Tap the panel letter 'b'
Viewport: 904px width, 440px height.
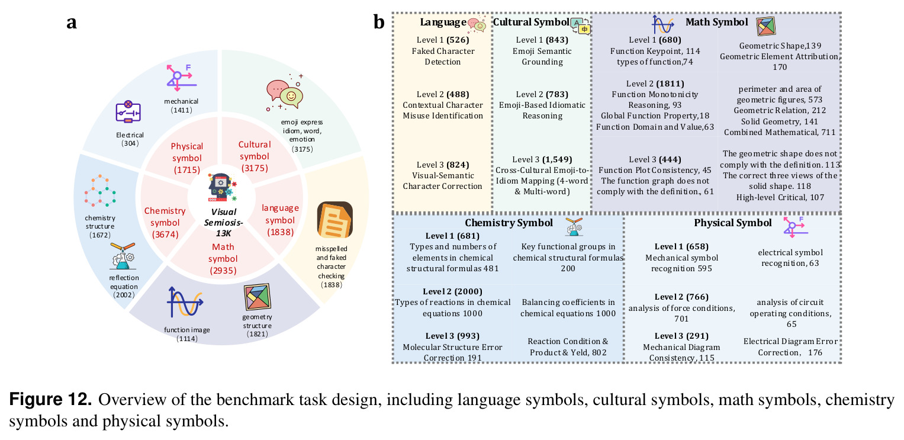378,22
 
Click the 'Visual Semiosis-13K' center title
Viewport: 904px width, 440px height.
223,223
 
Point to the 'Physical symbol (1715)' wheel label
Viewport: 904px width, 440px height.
186,158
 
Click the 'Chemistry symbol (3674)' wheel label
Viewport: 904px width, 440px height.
165,223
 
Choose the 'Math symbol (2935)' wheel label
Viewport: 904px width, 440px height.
223,258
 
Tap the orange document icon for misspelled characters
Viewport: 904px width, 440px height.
334,220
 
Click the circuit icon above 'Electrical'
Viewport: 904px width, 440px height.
128,111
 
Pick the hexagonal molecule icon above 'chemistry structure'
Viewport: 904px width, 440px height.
100,191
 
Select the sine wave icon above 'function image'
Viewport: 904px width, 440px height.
185,302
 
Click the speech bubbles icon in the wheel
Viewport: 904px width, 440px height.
285,92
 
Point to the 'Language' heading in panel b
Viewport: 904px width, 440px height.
443,22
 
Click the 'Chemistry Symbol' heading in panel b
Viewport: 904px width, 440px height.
509,223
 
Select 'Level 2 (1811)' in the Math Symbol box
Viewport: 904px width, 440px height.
655,83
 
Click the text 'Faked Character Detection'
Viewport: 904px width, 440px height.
443,56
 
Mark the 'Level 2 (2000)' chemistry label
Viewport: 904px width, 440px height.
452,291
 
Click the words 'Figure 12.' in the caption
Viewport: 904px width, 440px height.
50,399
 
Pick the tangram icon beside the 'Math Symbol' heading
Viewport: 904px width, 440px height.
765,26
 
